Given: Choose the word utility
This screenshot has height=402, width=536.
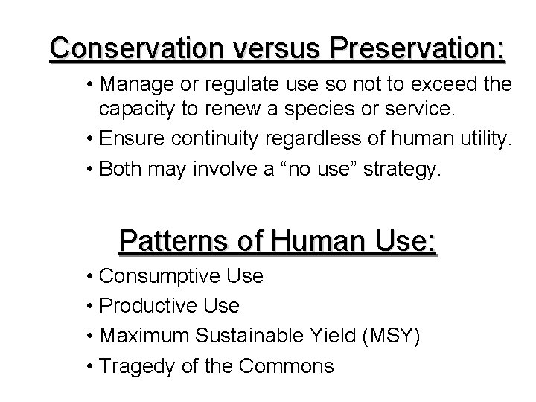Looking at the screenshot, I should coord(484,138).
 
